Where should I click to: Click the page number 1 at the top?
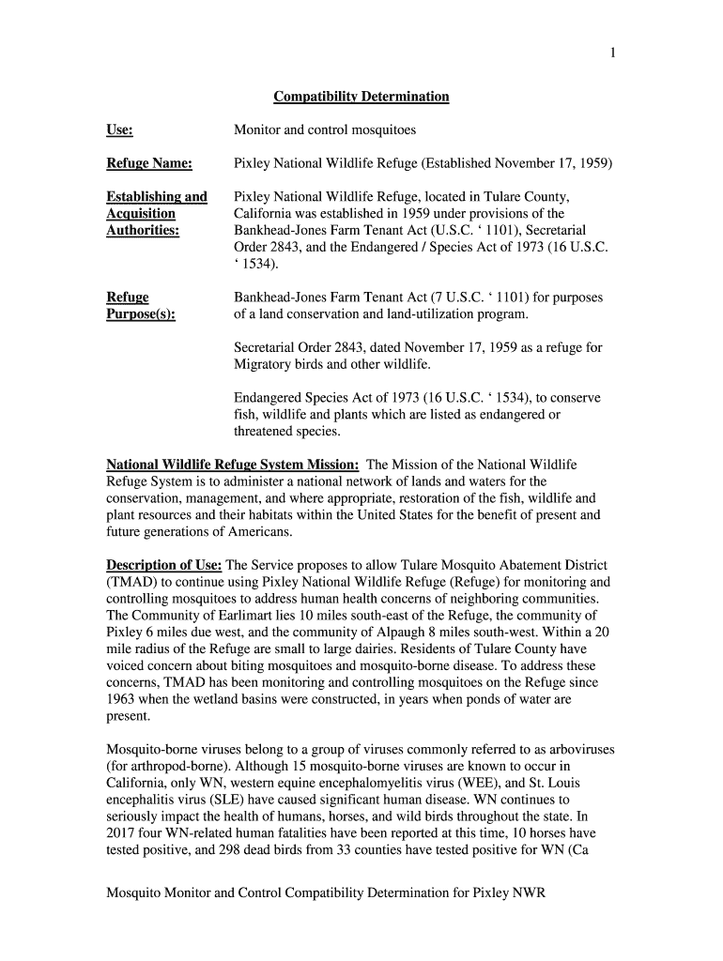[612, 53]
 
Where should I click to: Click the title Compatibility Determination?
[361, 97]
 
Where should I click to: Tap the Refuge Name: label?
[150, 164]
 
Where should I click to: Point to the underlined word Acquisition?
[141, 213]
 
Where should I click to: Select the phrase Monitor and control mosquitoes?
[324, 130]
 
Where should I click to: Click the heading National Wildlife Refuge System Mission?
[233, 465]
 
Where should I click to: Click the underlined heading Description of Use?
[164, 566]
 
